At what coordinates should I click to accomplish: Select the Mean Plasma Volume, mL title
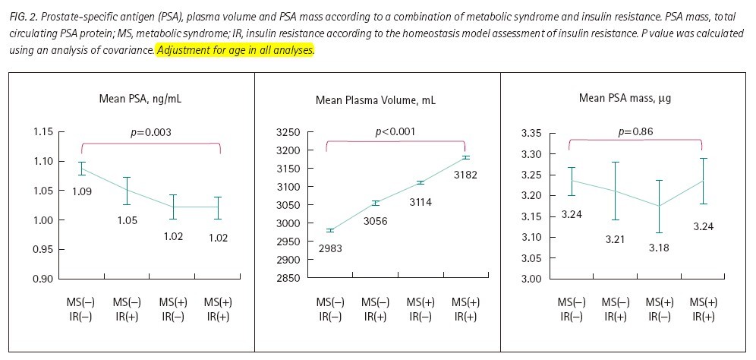coord(376,100)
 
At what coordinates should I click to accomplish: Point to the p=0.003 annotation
coord(150,132)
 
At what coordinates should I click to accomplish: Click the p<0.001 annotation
coord(395,132)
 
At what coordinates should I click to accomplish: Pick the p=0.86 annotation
coord(635,131)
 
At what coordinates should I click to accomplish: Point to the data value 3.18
coord(660,247)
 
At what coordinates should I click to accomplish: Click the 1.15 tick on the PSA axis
coord(43,132)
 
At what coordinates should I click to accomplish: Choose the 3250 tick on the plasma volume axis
coord(289,132)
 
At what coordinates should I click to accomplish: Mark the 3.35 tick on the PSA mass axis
coord(531,134)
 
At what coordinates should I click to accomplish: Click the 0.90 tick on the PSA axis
coord(43,279)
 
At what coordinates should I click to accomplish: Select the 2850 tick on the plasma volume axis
coord(289,278)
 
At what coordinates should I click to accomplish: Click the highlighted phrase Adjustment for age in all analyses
coord(235,49)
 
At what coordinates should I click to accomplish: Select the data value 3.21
coord(616,240)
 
